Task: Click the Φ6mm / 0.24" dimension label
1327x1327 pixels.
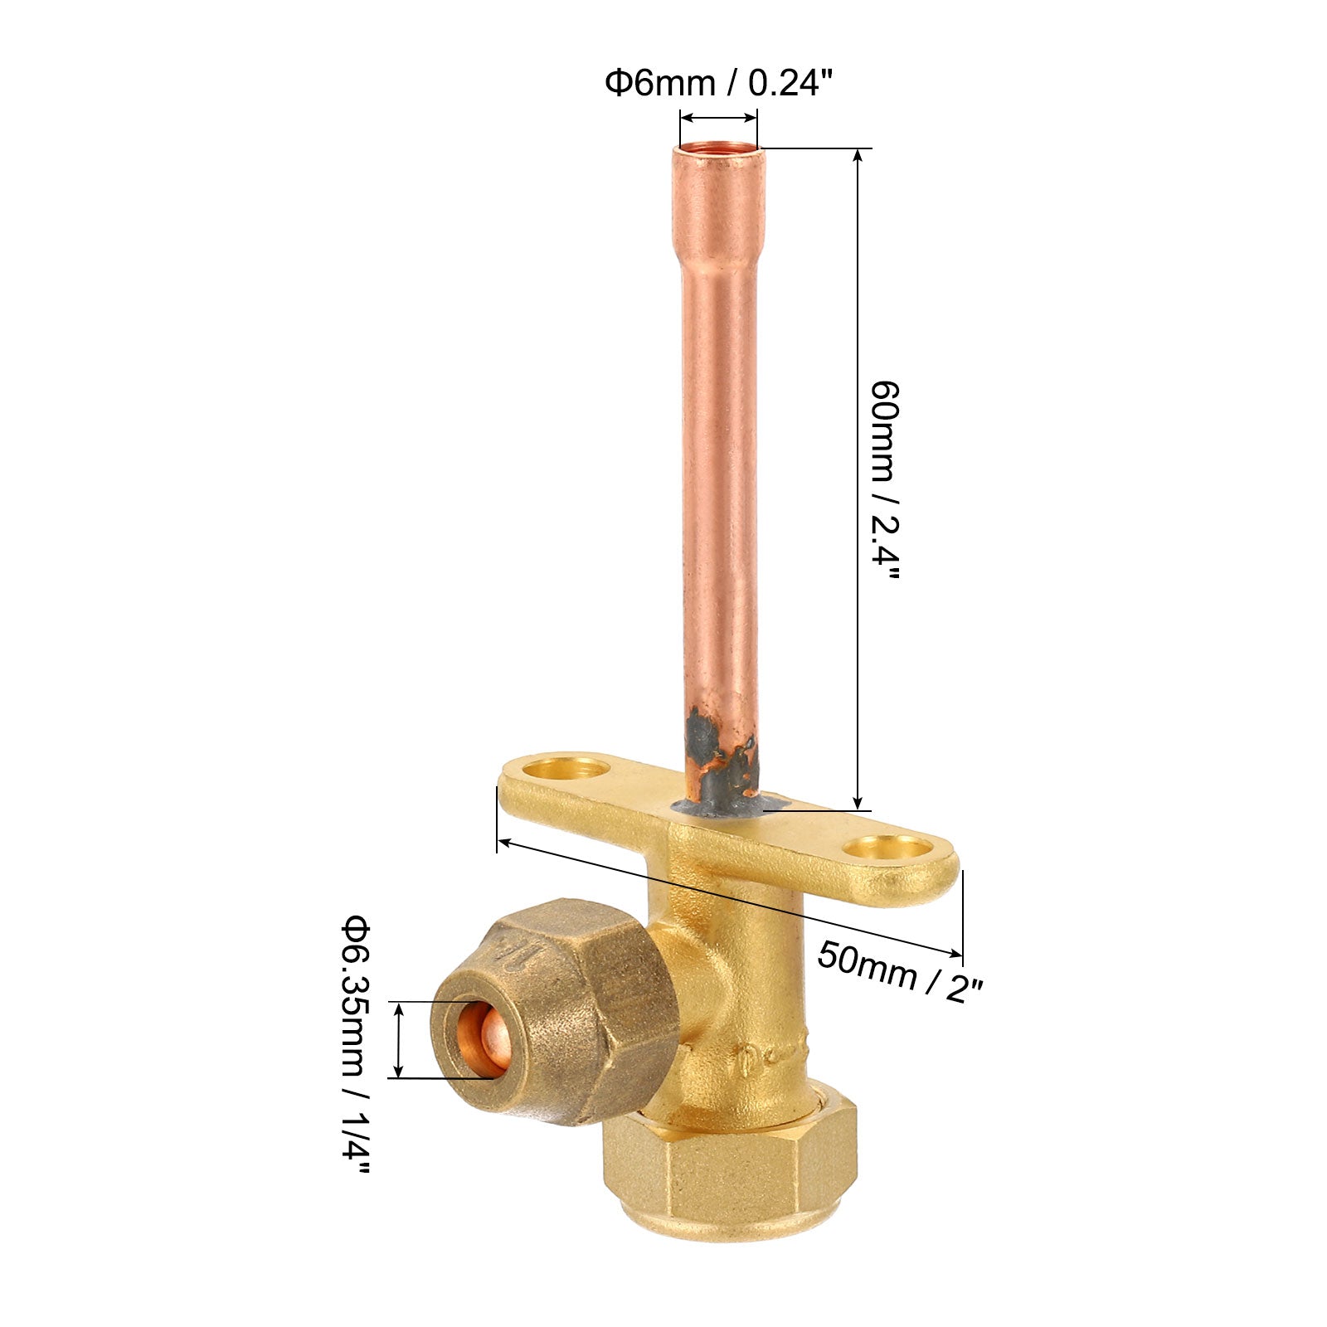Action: coord(718,83)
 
